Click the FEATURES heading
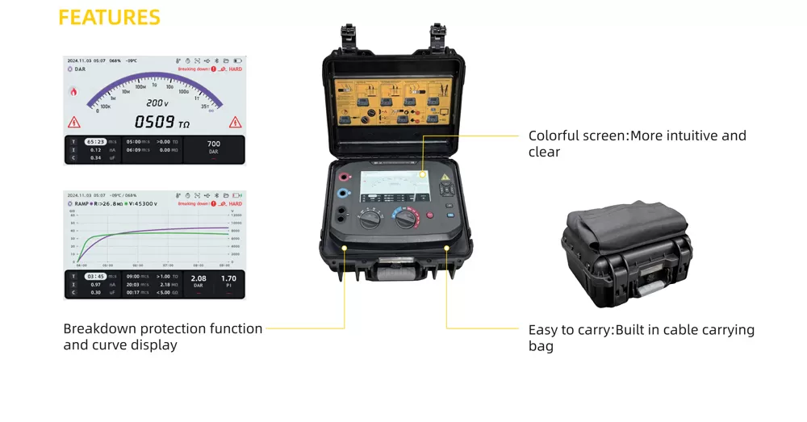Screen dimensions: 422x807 (110, 18)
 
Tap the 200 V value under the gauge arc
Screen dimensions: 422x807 (157, 103)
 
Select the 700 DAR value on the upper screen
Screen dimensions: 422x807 (214, 145)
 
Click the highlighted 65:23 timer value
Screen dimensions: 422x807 (96, 141)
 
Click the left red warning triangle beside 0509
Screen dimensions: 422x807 (74, 123)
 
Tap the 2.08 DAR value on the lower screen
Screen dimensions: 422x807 (199, 279)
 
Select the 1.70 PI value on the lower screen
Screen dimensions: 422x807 (228, 279)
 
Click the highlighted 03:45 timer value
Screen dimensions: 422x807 (96, 276)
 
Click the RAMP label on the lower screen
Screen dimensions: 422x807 (82, 204)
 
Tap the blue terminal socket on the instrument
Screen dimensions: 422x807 (345, 194)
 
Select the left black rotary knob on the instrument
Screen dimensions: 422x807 (372, 218)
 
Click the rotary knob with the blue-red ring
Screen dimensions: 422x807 (405, 218)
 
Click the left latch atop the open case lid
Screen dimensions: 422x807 (349, 36)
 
